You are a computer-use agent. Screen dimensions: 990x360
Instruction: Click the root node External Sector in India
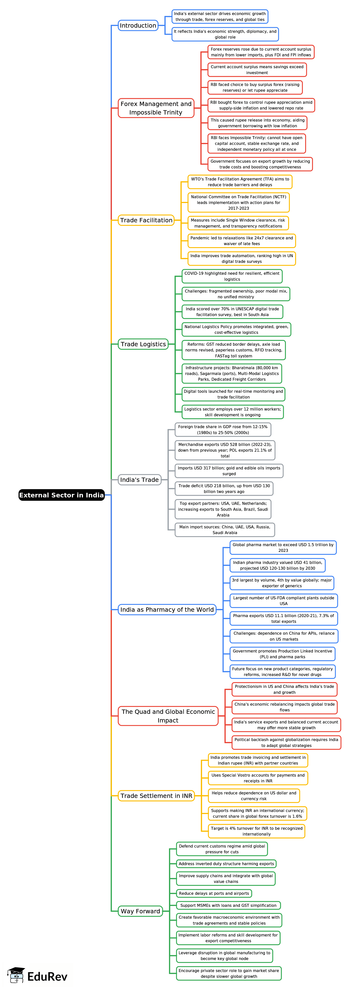click(62, 495)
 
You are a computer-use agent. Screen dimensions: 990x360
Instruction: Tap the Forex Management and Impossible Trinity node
click(156, 108)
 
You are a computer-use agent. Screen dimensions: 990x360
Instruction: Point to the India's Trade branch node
click(140, 480)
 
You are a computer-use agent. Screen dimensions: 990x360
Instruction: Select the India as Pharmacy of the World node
click(167, 609)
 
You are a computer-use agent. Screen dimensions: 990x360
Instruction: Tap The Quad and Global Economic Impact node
click(168, 716)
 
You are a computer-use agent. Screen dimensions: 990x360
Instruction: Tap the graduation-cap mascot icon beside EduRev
click(16, 975)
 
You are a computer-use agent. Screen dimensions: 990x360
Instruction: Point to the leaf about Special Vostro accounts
click(258, 778)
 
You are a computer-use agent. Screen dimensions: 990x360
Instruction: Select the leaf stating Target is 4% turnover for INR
click(257, 831)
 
